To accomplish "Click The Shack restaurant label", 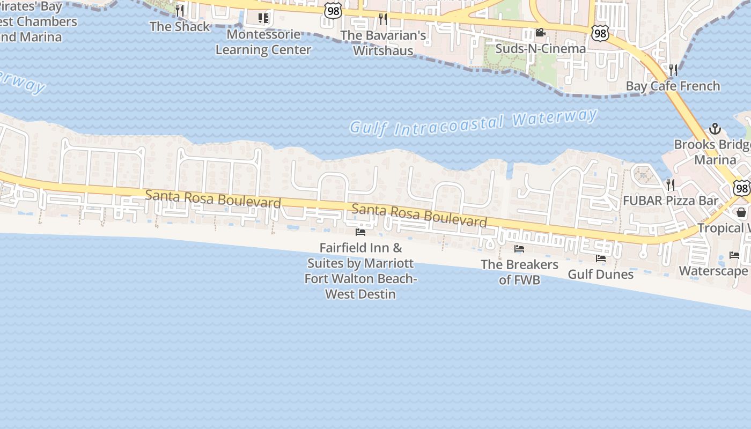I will coord(180,26).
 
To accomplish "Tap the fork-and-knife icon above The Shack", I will coord(180,10).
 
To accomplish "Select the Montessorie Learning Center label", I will coord(263,42).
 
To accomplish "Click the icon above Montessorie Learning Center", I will coord(263,18).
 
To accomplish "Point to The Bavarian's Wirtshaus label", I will coord(384,43).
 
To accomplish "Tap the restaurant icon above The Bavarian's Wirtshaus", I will coord(382,19).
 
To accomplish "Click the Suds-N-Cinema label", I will coord(540,49).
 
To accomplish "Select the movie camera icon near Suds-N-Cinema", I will coord(540,33).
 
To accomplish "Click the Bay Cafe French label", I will coord(673,86).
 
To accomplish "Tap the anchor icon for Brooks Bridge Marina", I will coord(715,129).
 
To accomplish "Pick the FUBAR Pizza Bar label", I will coord(670,201).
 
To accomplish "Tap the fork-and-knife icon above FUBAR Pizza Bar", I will coord(670,185).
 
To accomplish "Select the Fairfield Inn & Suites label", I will coord(360,271).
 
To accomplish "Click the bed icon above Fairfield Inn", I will coord(360,232).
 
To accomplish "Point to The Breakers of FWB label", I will coord(519,272).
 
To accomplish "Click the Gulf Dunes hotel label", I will coord(600,275).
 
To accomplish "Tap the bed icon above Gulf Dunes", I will coord(601,258).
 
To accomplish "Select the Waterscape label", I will coord(713,271).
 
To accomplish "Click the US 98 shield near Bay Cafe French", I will coord(600,33).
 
